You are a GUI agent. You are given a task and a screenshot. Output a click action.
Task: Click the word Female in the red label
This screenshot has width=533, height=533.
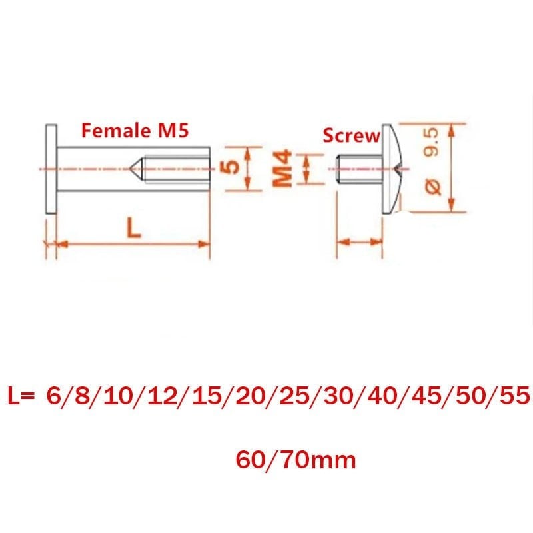[116, 131]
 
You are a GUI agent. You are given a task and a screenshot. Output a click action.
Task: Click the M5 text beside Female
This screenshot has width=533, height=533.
[173, 131]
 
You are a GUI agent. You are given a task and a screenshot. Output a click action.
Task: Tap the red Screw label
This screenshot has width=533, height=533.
[351, 135]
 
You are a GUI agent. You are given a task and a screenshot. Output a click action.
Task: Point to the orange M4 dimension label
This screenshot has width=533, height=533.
[282, 169]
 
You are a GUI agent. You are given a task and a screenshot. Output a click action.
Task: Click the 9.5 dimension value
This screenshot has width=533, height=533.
[431, 142]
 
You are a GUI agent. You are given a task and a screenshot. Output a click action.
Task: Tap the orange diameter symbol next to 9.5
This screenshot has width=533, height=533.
[432, 187]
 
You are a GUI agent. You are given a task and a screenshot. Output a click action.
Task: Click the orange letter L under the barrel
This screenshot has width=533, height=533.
[133, 227]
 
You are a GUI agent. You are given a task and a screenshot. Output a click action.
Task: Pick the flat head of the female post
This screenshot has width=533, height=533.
[51, 169]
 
